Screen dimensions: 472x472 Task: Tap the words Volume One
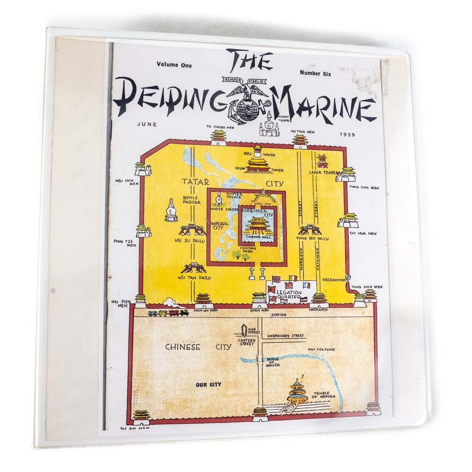(x=175, y=65)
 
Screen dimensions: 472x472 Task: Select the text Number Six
(x=316, y=73)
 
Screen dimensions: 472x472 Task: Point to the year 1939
(x=347, y=135)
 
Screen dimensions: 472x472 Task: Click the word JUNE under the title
(x=146, y=124)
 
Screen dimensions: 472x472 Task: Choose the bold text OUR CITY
(x=209, y=385)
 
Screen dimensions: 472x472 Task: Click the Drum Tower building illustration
(x=258, y=165)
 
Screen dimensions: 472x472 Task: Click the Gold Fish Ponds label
(x=321, y=349)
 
